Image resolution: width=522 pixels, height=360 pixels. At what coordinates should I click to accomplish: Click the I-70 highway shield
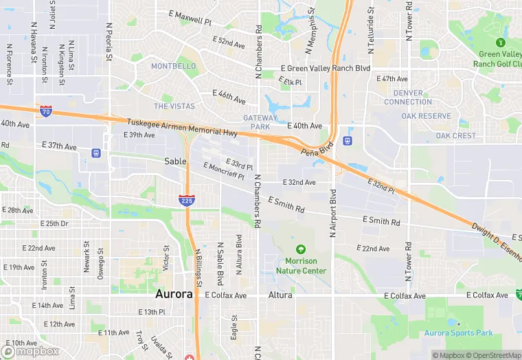tap(45, 111)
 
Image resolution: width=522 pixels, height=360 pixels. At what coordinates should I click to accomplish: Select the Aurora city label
tap(174, 294)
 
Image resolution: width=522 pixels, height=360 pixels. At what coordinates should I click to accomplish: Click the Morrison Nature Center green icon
tap(299, 249)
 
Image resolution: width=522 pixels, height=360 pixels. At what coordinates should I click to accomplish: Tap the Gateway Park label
tap(260, 122)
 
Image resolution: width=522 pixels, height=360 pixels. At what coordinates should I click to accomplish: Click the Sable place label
tap(175, 161)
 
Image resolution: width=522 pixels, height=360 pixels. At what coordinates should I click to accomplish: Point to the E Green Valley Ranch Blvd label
tap(326, 69)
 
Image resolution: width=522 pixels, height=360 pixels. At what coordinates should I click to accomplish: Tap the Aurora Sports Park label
tap(458, 333)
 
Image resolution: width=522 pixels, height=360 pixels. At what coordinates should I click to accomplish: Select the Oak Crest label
tap(455, 136)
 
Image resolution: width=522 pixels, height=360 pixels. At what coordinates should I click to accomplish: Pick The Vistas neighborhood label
tap(174, 106)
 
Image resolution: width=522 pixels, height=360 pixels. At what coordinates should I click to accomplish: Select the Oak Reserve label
tap(426, 116)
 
